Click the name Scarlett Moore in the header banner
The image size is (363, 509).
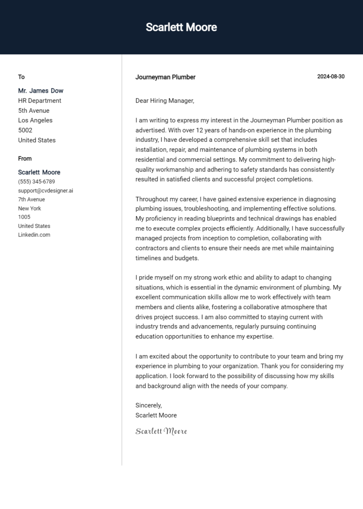(x=181, y=27)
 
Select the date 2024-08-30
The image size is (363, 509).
(x=330, y=76)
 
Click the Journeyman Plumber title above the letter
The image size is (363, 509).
(x=165, y=77)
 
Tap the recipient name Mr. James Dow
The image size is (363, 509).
(x=41, y=91)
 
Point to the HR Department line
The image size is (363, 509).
(x=40, y=101)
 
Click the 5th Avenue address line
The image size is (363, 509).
(x=34, y=110)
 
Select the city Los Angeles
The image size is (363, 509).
(x=35, y=120)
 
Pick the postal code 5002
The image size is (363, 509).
(x=25, y=130)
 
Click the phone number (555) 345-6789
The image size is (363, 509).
(x=36, y=182)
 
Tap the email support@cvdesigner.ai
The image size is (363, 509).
(x=45, y=191)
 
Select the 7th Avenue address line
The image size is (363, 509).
(x=31, y=200)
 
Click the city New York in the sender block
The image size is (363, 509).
(x=29, y=208)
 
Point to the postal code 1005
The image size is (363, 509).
(x=24, y=217)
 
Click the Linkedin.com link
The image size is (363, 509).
(x=34, y=235)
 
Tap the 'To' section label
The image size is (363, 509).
(x=21, y=77)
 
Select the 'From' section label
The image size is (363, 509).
(x=25, y=159)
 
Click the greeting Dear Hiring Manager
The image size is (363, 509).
(x=164, y=101)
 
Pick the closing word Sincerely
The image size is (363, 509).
(x=148, y=405)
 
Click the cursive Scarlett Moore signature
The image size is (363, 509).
(x=161, y=431)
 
